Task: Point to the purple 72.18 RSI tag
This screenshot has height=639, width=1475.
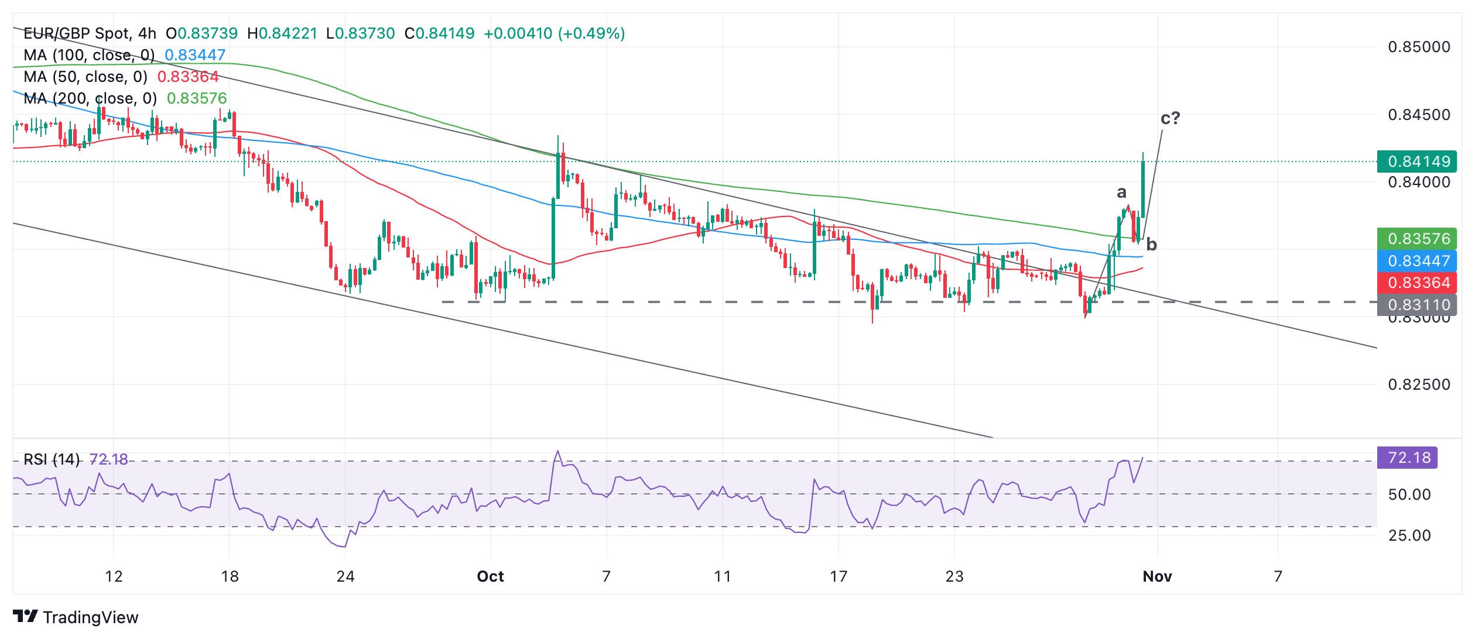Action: (x=1408, y=458)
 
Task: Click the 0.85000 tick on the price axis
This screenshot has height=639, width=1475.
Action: (x=1418, y=47)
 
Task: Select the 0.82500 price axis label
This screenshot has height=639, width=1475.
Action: (x=1418, y=384)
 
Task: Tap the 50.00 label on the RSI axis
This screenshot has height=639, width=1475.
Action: (x=1409, y=494)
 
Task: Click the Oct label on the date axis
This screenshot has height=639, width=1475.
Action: (x=490, y=576)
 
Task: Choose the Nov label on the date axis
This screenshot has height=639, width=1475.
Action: (x=1157, y=576)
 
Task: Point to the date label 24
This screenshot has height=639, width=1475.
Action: (x=345, y=576)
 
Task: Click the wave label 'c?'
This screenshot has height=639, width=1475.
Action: (x=1170, y=118)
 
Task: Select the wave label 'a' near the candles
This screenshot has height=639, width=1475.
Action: (x=1121, y=192)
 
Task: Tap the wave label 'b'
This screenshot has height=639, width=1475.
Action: (x=1151, y=245)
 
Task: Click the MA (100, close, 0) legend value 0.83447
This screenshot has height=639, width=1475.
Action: (x=195, y=55)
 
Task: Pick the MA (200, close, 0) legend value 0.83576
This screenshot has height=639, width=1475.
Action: (x=197, y=98)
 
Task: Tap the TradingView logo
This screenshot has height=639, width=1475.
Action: (x=76, y=617)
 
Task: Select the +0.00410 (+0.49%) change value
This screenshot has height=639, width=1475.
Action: (x=554, y=33)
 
